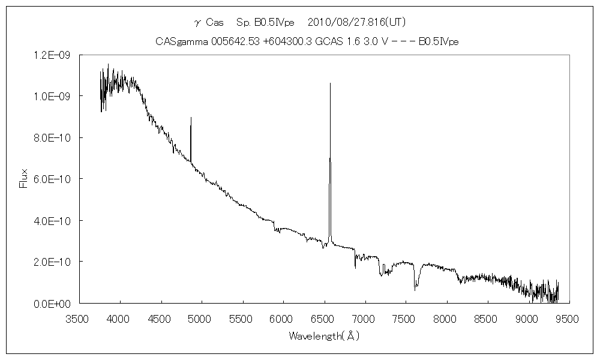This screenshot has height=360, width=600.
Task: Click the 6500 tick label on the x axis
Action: click(324, 317)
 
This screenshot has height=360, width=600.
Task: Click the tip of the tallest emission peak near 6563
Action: click(330, 83)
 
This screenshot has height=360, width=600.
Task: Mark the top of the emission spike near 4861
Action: click(191, 118)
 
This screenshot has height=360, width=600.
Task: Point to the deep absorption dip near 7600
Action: click(415, 290)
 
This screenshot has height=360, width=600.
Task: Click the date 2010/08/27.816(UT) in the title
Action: click(356, 23)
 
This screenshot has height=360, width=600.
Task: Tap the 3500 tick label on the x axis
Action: click(79, 317)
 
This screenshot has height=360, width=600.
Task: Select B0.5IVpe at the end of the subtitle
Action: click(439, 41)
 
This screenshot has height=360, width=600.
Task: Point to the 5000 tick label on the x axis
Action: click(202, 317)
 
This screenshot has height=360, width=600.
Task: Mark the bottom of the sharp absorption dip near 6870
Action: click(355, 268)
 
